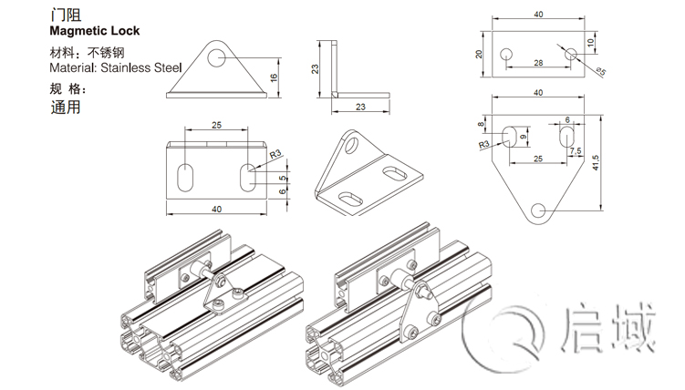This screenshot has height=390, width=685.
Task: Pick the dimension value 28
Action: [538, 62]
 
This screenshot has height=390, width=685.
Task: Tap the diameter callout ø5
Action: [600, 71]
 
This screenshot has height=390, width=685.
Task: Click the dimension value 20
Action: [479, 55]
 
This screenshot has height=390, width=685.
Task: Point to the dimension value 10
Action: [591, 42]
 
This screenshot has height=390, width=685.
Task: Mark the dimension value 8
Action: [481, 124]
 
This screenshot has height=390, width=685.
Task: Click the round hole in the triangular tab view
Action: [216, 57]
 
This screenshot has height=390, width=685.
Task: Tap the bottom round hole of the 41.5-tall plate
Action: [539, 210]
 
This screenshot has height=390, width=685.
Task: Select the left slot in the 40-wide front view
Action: [188, 178]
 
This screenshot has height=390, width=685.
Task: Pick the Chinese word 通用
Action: [66, 106]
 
